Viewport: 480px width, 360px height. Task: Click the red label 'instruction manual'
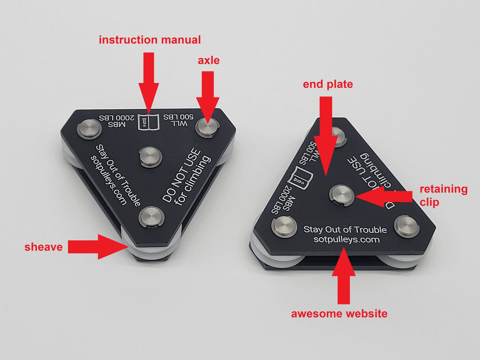coord(150,40)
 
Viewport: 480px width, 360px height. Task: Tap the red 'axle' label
coord(209,60)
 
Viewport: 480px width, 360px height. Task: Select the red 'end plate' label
coord(328,84)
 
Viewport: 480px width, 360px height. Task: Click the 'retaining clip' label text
coord(443,196)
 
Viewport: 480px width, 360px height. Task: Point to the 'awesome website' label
coord(339,314)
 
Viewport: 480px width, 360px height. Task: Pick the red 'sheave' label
coord(44,247)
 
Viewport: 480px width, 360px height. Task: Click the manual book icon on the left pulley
coord(148,122)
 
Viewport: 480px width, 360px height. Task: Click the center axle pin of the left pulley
coord(150,157)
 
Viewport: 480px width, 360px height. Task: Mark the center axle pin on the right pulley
coord(341,195)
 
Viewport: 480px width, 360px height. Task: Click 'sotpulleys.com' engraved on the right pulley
coord(347,240)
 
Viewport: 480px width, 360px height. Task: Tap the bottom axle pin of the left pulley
coord(151,217)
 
